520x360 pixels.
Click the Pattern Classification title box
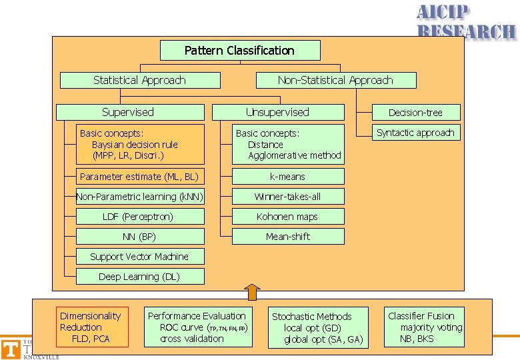pos(240,51)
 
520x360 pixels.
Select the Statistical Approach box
pos(140,80)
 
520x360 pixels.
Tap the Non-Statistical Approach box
pos(336,80)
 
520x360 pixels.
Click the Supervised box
pos(130,112)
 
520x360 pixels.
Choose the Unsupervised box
pos(278,112)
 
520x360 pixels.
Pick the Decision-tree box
pos(415,113)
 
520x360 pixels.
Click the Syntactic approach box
pos(415,133)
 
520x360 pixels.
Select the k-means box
pos(288,177)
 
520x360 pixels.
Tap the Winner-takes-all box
pos(288,197)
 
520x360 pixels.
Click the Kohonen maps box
pos(288,217)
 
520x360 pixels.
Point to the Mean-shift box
pos(288,237)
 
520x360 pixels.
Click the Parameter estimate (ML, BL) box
pos(140,177)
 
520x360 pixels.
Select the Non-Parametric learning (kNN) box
pos(140,197)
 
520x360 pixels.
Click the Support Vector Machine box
pos(140,257)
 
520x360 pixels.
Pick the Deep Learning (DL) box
pos(140,277)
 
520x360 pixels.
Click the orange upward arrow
pos(251,292)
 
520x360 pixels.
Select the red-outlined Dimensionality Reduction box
pos(92,327)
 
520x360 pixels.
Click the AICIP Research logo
pos(466,21)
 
